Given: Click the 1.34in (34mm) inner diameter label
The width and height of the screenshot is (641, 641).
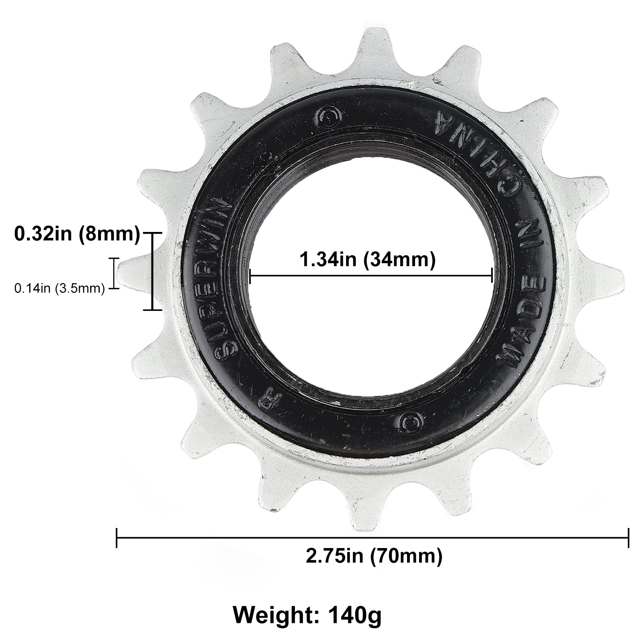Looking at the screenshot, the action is (x=367, y=260).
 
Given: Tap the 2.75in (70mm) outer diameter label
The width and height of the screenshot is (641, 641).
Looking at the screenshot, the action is (x=374, y=556).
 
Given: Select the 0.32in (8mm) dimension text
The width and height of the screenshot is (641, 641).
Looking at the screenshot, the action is (x=77, y=234).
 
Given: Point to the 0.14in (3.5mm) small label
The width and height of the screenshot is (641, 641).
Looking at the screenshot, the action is (x=59, y=288).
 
